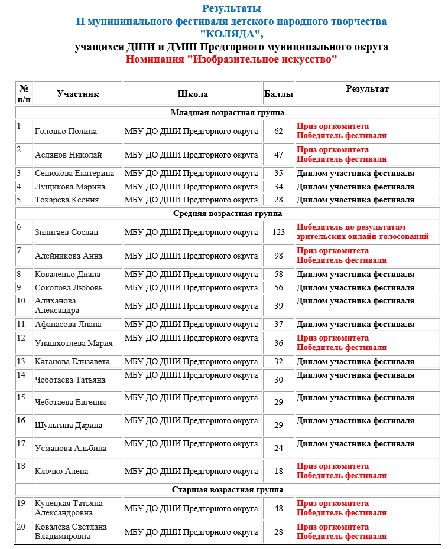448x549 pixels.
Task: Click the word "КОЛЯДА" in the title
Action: point(231,34)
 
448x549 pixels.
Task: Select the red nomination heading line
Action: point(232,60)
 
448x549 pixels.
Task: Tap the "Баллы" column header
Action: point(278,94)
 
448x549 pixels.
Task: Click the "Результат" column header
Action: point(367,89)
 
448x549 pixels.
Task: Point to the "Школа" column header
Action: point(193,94)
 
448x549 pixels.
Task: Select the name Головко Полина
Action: point(66,131)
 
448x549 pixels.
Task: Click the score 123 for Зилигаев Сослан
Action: point(279,232)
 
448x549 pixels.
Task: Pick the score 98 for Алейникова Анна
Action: point(279,256)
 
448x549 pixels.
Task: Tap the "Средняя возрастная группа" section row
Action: point(228,213)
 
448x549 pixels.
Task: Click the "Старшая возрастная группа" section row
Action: point(228,489)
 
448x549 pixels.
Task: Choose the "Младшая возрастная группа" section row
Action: point(228,112)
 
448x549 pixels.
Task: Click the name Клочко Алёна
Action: point(61,471)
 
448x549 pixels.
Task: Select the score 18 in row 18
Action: point(279,471)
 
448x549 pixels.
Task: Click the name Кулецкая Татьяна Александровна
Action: point(69,508)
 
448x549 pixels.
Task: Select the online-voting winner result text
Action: point(362,232)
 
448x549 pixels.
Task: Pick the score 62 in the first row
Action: point(279,131)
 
